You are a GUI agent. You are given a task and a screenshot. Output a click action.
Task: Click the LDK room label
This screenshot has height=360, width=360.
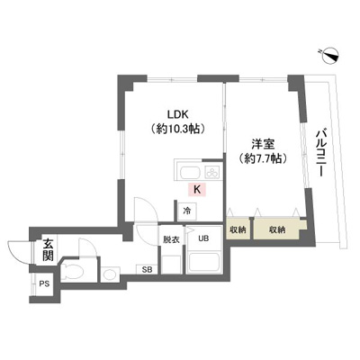177,114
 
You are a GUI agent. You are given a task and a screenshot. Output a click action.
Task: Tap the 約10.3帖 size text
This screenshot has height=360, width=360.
178,129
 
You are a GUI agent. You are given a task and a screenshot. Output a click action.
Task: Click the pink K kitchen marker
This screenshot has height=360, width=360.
197,190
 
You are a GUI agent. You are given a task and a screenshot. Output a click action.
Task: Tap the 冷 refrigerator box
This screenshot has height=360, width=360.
187,211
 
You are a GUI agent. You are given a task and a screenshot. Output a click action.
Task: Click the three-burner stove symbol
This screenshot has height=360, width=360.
213,172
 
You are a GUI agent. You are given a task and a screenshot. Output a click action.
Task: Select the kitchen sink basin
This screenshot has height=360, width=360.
191,173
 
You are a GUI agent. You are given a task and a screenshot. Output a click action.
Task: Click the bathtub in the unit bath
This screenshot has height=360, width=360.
205,263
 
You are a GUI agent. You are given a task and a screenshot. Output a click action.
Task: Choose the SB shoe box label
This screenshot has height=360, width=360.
147,269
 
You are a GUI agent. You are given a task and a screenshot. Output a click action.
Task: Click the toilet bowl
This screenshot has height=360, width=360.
72,271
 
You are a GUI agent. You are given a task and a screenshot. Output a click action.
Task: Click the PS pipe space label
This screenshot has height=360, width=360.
45,283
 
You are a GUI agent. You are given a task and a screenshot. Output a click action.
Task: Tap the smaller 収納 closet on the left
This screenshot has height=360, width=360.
238,230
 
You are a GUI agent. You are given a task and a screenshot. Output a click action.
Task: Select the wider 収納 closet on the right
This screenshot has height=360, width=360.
277,230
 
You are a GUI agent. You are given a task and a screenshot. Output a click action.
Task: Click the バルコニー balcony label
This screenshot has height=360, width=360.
322,153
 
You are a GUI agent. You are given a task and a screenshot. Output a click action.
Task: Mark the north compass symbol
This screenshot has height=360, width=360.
329,55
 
